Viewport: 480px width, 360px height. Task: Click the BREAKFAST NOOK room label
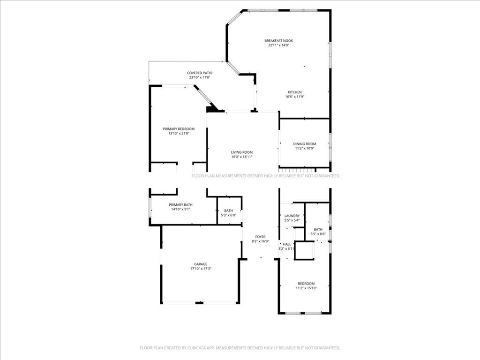278,41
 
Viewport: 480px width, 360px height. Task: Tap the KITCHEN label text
294,92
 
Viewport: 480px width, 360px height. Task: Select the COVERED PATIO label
200,73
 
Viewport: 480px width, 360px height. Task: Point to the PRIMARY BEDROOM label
179,129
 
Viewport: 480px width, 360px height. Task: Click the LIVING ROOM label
242,152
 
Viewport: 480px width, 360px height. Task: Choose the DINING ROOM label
305,144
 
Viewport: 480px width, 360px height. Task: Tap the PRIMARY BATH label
180,205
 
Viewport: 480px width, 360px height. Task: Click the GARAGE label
201,264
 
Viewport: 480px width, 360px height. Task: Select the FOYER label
260,237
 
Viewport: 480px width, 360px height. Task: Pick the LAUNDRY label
292,216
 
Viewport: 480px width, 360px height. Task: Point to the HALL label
287,244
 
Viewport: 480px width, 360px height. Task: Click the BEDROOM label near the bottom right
306,283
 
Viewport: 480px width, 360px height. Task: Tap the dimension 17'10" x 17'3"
201,269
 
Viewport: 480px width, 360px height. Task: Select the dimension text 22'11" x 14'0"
278,45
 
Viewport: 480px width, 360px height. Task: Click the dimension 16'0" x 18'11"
242,157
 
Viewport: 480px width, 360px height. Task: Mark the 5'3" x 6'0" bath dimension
229,216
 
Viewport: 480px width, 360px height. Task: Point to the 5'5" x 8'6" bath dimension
318,234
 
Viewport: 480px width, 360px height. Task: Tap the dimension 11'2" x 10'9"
305,149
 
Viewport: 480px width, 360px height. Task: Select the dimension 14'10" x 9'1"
180,210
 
